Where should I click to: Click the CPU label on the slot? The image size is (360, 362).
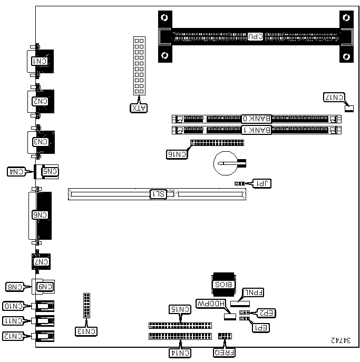(x=255, y=36)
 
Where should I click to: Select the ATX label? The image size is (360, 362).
(x=139, y=109)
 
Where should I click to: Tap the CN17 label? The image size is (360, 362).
(x=333, y=97)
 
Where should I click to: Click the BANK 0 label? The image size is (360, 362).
(x=257, y=119)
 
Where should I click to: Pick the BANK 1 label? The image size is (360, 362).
(x=257, y=130)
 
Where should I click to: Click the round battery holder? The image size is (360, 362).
(x=225, y=163)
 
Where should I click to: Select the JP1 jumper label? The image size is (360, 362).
(x=261, y=183)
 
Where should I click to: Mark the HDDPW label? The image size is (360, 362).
(x=210, y=304)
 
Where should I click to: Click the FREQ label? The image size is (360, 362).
(x=225, y=353)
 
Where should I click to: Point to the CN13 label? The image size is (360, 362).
(x=86, y=332)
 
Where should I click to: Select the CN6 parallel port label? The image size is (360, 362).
(x=40, y=214)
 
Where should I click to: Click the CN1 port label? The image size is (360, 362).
(x=40, y=62)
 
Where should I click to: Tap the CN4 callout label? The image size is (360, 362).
(x=17, y=171)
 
